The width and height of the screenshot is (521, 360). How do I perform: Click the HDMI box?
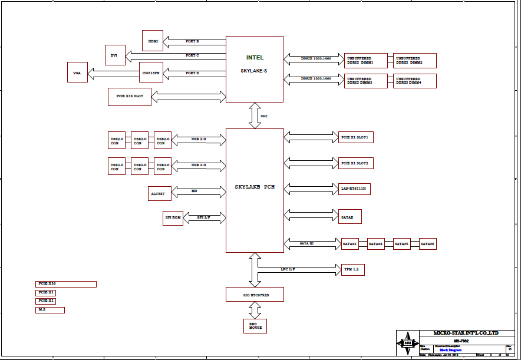tap(153, 41)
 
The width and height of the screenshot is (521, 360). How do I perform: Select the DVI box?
tap(114, 55)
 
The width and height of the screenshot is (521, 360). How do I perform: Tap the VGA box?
tap(77, 73)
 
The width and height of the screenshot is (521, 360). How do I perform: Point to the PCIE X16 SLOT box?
tap(130, 97)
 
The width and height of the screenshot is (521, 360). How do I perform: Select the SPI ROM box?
tap(173, 217)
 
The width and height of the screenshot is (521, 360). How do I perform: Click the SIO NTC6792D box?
tap(255, 294)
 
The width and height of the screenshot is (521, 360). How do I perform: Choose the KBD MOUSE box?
tap(255, 326)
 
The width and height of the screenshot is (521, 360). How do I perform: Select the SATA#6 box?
tap(428, 243)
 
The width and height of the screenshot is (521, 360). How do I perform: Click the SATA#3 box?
tap(350, 243)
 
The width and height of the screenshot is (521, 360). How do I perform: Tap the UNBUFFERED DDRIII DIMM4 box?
tap(415, 81)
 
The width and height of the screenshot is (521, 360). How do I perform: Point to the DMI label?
tap(264, 116)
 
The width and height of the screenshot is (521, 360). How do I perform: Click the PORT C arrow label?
tap(192, 55)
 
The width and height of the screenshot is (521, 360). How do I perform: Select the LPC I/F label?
tap(288, 269)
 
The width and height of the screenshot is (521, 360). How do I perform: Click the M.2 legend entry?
tap(50, 310)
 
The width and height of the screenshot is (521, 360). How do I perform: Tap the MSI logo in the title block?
tap(407, 342)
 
